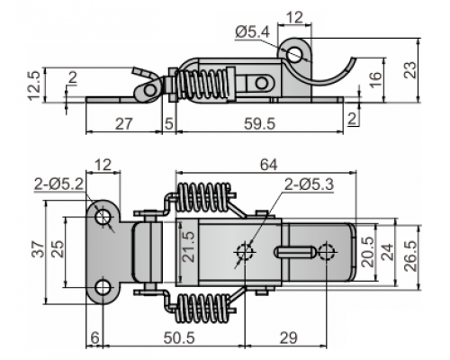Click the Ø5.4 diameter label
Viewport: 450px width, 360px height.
pyautogui.click(x=253, y=32)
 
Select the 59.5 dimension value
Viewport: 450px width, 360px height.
pyautogui.click(x=259, y=123)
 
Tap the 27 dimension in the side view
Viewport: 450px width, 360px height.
pyautogui.click(x=124, y=123)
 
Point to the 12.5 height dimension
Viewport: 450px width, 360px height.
pyautogui.click(x=34, y=85)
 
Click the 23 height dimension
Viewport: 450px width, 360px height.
pyautogui.click(x=410, y=70)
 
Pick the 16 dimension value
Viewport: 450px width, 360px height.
pyautogui.click(x=375, y=79)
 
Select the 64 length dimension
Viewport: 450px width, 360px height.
pyautogui.click(x=269, y=165)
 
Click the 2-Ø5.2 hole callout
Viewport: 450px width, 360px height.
pyautogui.click(x=58, y=184)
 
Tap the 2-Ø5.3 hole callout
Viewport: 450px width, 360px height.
pyautogui.click(x=309, y=184)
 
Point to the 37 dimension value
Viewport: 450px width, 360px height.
pyautogui.click(x=39, y=249)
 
